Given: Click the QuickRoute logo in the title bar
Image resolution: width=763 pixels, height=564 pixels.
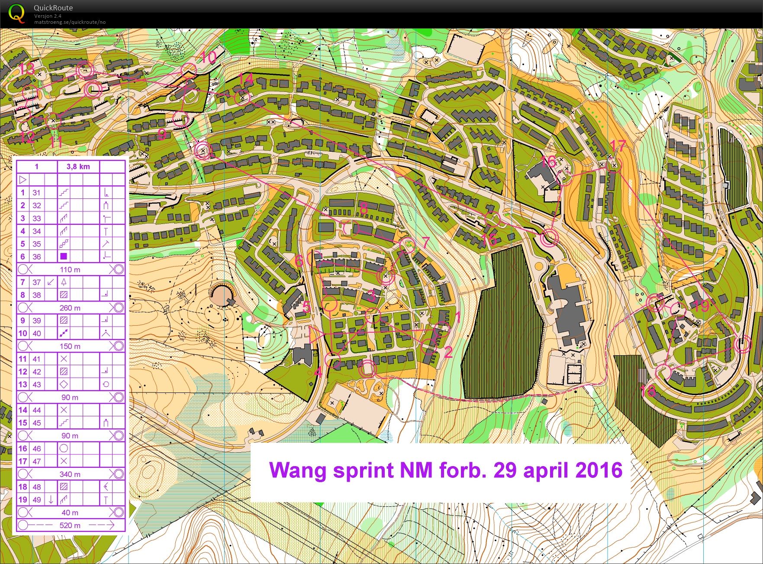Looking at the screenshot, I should (16, 13).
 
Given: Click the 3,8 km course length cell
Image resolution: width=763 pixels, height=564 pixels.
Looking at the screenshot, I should (78, 167).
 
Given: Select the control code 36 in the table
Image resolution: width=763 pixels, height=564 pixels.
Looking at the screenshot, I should (37, 257).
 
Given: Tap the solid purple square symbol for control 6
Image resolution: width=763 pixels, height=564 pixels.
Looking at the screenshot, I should (64, 256).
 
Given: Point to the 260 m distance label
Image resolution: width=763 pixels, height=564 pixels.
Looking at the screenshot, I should (70, 308).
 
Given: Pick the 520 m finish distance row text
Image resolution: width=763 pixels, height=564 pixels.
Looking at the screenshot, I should (70, 525).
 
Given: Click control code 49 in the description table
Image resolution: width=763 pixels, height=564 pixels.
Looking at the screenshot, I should (37, 499).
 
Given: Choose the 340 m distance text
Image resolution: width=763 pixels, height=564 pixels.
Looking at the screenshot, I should (70, 474).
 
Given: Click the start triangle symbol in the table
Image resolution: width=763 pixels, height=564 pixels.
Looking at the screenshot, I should (23, 180).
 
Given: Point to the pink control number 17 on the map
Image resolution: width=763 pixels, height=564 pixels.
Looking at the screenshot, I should (618, 146).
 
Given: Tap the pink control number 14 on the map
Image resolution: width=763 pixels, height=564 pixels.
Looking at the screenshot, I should (246, 79).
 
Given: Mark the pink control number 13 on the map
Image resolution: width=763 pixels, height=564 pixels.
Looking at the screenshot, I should (27, 68).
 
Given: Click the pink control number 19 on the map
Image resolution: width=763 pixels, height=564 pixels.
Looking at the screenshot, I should (702, 306).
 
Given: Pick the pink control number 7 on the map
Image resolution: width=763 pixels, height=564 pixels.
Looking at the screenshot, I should (426, 242).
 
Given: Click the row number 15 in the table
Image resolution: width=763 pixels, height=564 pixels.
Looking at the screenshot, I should (23, 423).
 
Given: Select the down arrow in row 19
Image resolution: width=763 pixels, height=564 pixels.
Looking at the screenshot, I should (51, 499).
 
